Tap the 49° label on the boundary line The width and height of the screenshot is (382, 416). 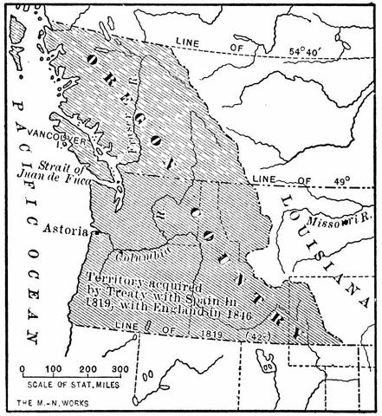click(x=341, y=181)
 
